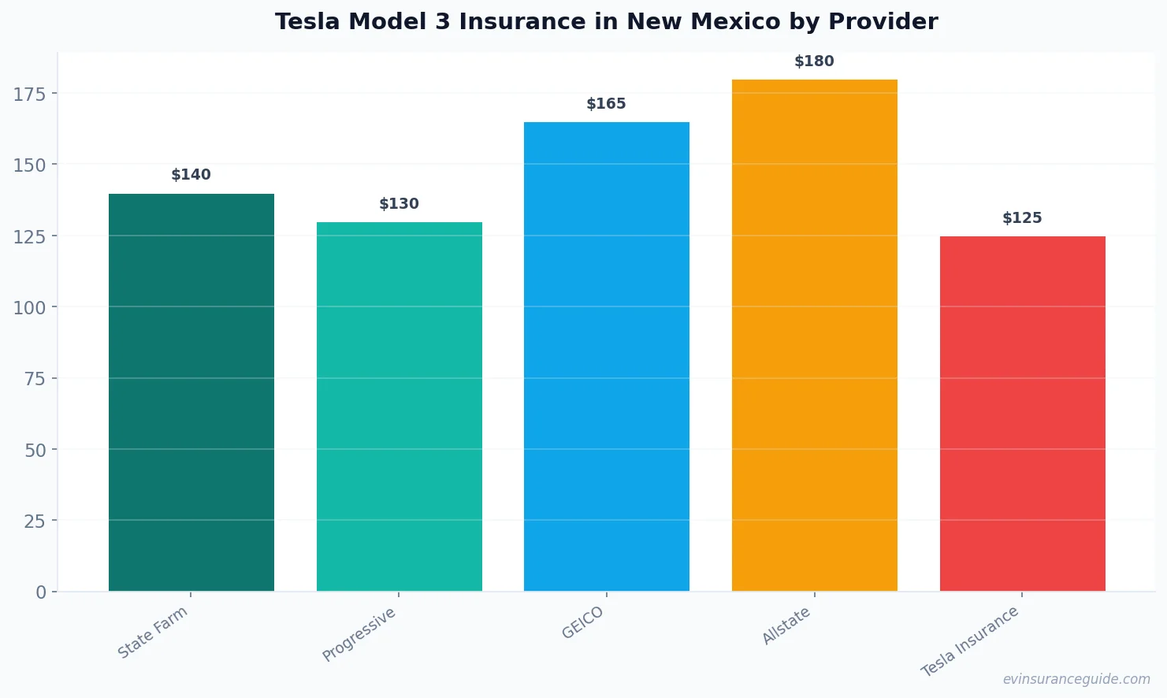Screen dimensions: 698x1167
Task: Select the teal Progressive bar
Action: coord(399,407)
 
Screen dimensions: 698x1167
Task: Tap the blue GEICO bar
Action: coord(606,356)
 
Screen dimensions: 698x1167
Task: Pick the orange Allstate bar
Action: coord(814,335)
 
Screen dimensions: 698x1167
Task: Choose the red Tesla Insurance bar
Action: coord(1022,414)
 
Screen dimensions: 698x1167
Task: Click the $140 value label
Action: coord(191,175)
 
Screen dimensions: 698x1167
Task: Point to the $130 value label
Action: coord(399,204)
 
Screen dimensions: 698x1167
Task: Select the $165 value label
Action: coord(606,104)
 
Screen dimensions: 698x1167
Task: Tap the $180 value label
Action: coord(814,61)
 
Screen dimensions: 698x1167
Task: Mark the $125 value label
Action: coord(1022,218)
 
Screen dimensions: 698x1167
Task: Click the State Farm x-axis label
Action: coord(153,632)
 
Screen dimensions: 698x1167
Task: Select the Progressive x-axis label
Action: coord(359,634)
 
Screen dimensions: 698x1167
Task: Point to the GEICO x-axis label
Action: coord(583,622)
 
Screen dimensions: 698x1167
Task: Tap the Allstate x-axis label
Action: coord(786,626)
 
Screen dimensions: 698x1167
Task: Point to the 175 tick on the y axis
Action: coord(29,95)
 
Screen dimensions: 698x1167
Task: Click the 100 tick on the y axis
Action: coord(29,307)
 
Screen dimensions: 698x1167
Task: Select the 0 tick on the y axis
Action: coord(41,592)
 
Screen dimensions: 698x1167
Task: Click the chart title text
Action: coord(606,22)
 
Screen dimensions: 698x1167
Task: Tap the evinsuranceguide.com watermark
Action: coord(1076,679)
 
